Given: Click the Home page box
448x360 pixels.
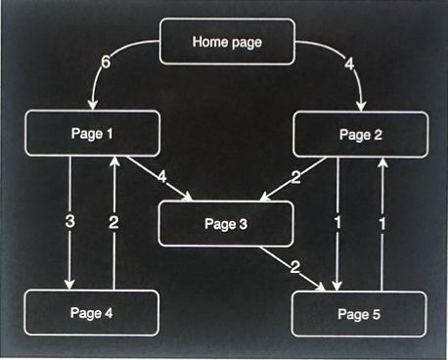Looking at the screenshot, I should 227,41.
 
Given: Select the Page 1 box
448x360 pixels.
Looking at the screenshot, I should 93,134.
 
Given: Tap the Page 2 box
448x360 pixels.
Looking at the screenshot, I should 360,135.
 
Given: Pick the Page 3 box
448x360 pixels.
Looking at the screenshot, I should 226,223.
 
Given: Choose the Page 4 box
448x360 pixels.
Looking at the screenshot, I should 92,312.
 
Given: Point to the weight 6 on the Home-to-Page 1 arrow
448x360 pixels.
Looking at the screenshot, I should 107,64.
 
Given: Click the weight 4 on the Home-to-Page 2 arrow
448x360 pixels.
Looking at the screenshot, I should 349,65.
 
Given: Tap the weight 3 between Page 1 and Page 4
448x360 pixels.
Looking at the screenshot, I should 70,222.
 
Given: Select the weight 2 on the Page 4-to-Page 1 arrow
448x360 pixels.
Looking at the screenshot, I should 114,222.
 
